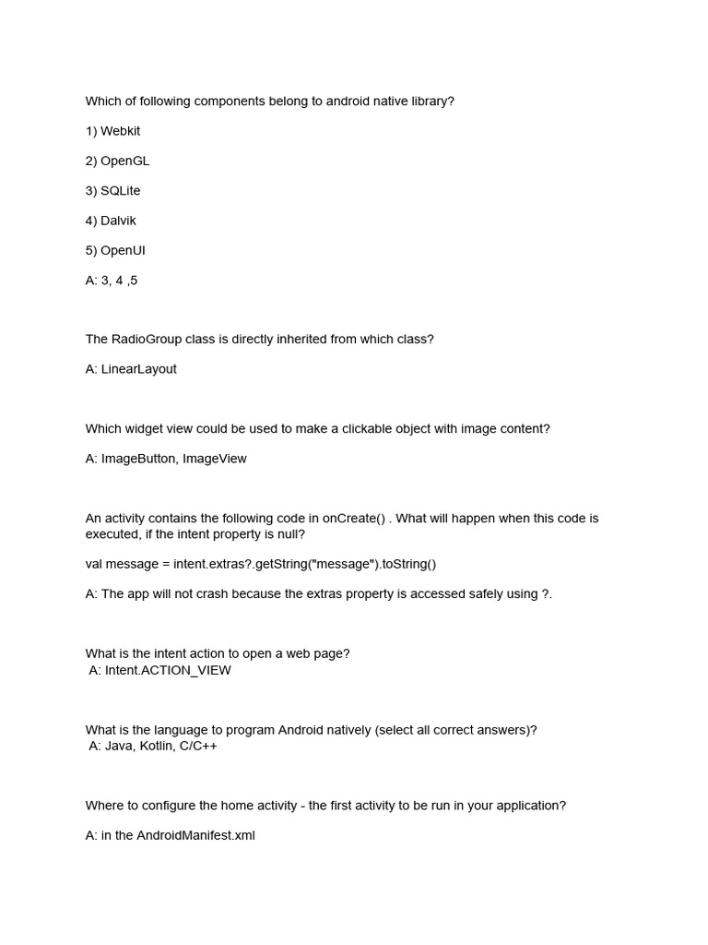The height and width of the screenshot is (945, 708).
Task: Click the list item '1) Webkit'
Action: [x=112, y=131]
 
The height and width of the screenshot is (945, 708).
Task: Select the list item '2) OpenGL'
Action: [x=117, y=161]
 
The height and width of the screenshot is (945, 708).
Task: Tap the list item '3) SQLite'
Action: [x=112, y=190]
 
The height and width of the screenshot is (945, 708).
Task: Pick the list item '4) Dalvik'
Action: [x=111, y=221]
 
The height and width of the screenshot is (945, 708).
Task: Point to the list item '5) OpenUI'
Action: [x=115, y=250]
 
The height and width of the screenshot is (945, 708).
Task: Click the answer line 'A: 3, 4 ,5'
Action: [x=111, y=280]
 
